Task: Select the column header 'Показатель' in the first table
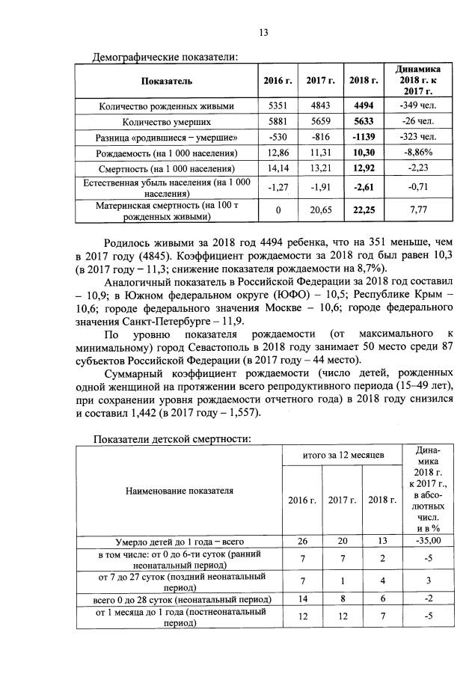click(x=166, y=80)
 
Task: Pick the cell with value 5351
click(x=278, y=105)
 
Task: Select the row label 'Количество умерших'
click(x=166, y=121)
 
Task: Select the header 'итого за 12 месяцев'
click(x=343, y=455)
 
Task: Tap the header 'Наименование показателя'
click(x=178, y=491)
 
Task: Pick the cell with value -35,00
click(x=423, y=541)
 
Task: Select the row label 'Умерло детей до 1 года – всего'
click(x=178, y=541)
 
